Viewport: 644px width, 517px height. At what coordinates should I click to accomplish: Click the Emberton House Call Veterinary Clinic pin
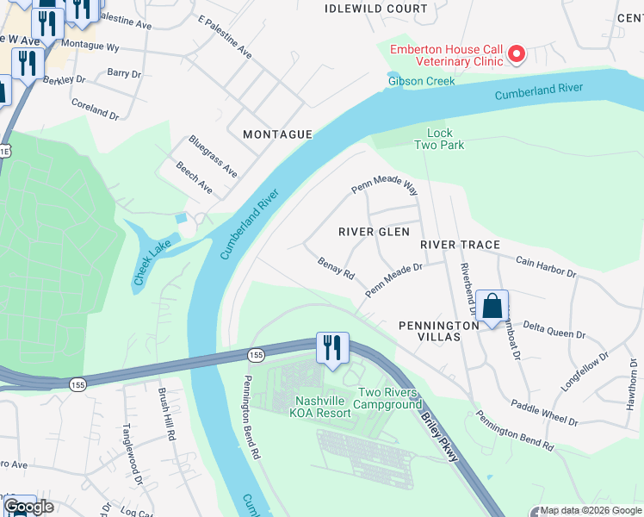[517, 54]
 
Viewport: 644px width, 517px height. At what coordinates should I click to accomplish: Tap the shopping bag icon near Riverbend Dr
[492, 307]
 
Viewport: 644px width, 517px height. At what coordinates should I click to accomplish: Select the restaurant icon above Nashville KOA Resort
[332, 348]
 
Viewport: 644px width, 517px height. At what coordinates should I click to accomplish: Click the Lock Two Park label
[439, 139]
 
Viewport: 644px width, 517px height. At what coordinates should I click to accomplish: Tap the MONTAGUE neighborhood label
[276, 134]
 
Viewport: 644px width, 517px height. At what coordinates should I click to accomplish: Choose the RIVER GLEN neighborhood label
[374, 232]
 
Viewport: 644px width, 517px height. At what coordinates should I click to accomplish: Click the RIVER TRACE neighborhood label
[460, 245]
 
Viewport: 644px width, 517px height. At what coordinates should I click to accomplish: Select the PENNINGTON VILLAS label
[439, 332]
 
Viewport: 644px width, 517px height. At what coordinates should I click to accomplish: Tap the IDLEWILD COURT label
[376, 9]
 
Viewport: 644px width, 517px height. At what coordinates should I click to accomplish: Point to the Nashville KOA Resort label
[323, 407]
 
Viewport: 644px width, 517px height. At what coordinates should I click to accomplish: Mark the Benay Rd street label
[336, 269]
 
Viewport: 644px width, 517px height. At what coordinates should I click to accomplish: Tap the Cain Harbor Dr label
[545, 265]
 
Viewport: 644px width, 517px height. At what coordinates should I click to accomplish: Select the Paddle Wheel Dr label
[543, 412]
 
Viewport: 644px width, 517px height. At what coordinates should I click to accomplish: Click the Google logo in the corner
[28, 507]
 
